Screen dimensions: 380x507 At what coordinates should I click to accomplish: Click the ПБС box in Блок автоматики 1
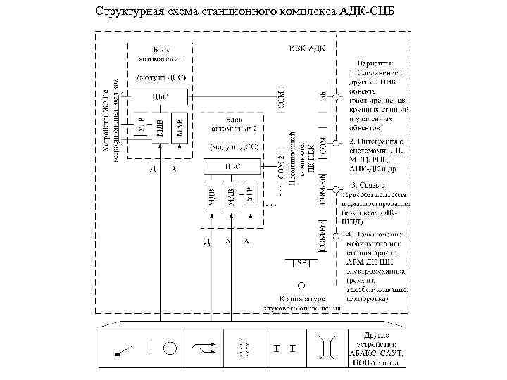161,96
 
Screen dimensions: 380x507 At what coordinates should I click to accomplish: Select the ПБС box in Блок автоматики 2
232,166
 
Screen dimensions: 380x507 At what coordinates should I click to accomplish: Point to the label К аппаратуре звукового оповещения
302,303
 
